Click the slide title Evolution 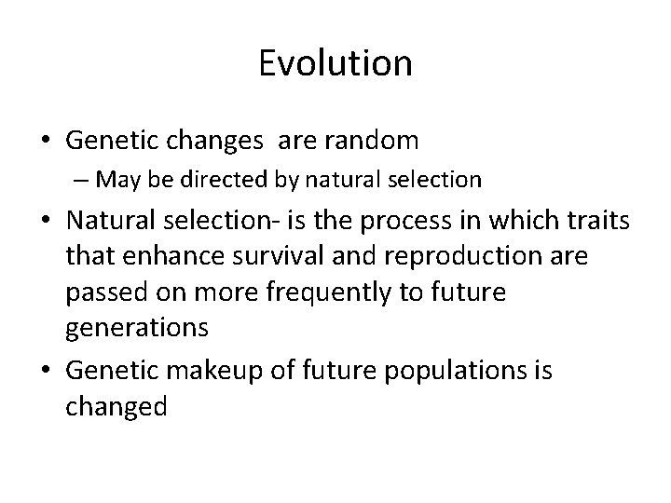(335, 63)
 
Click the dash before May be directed (85, 178)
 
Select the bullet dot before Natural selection (46, 224)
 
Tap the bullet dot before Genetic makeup (46, 371)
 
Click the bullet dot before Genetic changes (46, 142)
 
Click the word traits (596, 224)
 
